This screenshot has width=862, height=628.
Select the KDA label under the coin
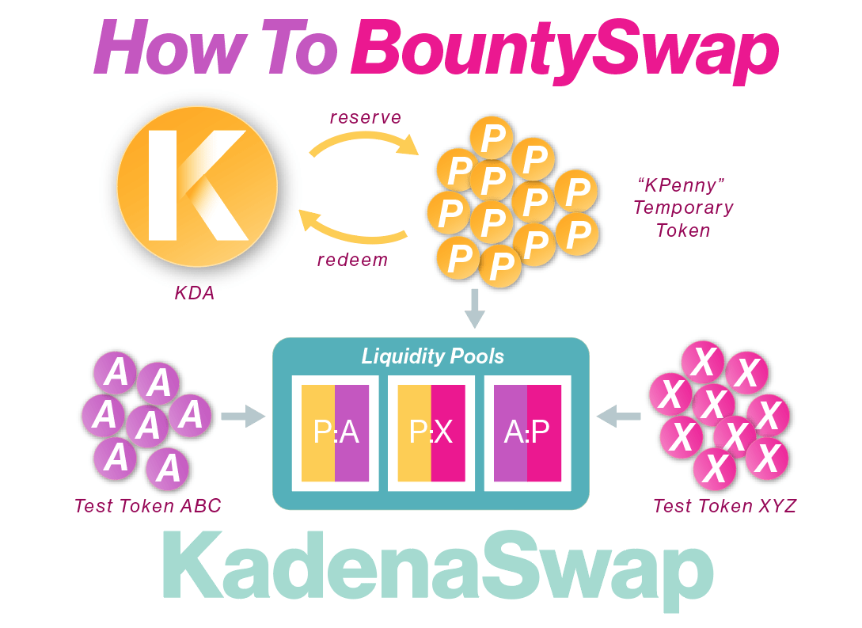[195, 294]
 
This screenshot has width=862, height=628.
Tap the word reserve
[366, 118]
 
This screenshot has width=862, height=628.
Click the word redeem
[352, 260]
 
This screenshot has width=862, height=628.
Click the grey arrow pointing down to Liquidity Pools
[474, 309]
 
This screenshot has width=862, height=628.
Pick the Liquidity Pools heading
[432, 356]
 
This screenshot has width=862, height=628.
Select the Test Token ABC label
[148, 505]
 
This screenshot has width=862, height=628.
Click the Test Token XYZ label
[724, 505]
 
